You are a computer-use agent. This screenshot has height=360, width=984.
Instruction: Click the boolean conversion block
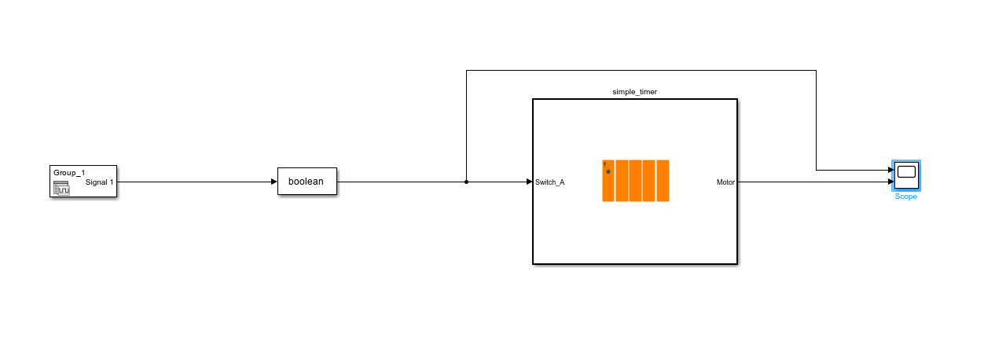307,182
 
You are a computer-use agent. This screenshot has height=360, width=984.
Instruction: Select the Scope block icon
906,175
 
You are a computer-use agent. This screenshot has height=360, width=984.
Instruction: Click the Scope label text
905,197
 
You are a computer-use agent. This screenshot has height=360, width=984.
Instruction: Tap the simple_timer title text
634,92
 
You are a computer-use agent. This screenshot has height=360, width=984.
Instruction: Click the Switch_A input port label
549,182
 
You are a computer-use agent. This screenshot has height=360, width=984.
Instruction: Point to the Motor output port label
725,182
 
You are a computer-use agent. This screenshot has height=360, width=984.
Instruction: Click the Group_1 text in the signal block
69,172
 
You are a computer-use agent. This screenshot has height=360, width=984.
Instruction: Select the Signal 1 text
99,182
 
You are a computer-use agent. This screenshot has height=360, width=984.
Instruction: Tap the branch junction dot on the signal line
466,182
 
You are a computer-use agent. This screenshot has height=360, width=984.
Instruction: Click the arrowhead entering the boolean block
274,182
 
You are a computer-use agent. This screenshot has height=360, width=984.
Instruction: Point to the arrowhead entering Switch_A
529,182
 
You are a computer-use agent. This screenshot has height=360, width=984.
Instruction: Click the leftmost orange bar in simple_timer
608,181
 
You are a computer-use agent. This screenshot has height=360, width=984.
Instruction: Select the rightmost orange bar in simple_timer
663,181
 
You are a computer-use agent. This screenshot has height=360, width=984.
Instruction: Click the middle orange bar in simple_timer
635,181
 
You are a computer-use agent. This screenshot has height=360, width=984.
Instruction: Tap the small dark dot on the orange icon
608,171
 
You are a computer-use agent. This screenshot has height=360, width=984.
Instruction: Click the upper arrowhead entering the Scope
887,170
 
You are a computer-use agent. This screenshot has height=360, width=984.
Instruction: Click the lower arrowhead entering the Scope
887,182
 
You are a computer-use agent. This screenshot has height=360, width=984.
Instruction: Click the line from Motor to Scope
810,182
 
